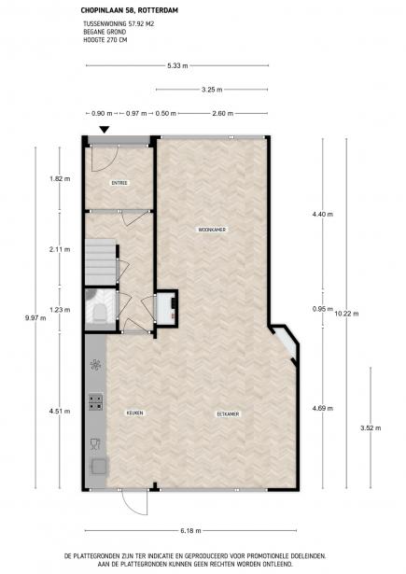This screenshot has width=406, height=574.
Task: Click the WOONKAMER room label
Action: click(x=212, y=230)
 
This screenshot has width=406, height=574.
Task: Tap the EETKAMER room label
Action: click(x=228, y=414)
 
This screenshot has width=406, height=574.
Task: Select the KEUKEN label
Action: click(x=134, y=413)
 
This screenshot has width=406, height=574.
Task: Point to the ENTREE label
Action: click(x=119, y=183)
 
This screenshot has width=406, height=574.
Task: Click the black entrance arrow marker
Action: click(x=105, y=129)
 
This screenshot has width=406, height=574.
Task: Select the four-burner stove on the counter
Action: click(x=95, y=401)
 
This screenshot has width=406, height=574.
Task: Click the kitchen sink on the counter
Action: click(x=99, y=466)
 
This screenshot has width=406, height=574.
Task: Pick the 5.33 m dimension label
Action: click(x=177, y=66)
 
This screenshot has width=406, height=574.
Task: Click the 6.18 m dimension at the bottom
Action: click(x=190, y=530)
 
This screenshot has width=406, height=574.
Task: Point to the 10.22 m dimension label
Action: click(x=346, y=314)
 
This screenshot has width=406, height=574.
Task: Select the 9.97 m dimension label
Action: click(x=35, y=317)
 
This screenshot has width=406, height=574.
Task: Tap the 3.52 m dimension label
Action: click(x=371, y=428)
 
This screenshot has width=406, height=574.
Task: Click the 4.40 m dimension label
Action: click(x=323, y=214)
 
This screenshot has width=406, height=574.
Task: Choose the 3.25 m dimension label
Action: click(x=212, y=90)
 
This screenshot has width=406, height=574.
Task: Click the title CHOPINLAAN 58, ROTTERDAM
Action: click(x=129, y=10)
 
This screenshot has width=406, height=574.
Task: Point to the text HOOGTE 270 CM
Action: click(x=105, y=40)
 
